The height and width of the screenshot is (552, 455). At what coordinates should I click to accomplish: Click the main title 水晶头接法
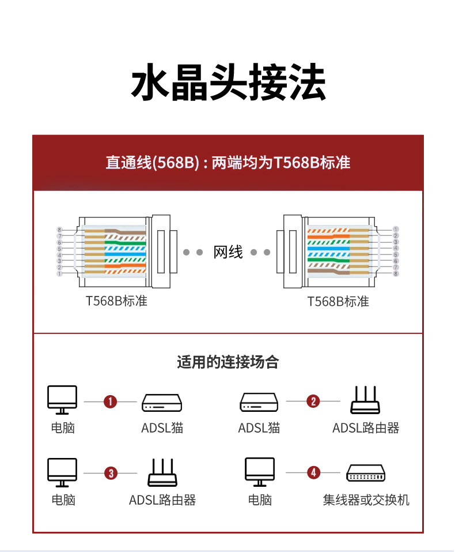pos(228,83)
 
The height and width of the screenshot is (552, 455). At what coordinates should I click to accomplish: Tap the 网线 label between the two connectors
pos(228,252)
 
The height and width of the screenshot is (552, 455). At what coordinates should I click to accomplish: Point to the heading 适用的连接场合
pos(227,362)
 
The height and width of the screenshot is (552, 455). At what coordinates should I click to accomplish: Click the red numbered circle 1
pos(110,401)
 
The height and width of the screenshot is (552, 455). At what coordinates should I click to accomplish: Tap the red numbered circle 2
pos(313,401)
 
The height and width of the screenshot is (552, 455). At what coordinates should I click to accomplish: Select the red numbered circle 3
pos(110,474)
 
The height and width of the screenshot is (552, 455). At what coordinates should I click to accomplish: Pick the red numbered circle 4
pos(313,473)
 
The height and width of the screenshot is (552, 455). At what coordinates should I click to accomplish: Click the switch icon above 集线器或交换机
pos(366,474)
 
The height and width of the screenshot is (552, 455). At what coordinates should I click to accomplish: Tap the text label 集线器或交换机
pos(366,500)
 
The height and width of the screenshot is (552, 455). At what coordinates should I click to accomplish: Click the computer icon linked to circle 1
pos(62,400)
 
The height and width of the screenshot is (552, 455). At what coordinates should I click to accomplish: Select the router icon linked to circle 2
pos(365,400)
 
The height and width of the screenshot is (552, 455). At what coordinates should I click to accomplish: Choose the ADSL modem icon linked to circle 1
pos(162,403)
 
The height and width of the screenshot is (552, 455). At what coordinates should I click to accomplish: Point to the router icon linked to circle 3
pos(162,472)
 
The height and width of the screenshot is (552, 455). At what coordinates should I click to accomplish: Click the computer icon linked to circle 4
pos(260,472)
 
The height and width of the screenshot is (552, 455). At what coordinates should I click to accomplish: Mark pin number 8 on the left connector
pos(59,230)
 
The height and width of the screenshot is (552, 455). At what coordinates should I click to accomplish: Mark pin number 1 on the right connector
pos(396,230)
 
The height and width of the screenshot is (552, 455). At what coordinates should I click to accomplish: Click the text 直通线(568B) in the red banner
pos(152,163)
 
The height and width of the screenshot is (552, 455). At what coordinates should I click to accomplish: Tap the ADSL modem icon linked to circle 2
pos(259,403)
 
